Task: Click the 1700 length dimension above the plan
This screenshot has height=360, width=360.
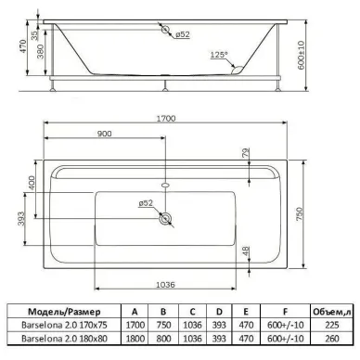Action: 166,119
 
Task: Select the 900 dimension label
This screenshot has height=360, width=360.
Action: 105,134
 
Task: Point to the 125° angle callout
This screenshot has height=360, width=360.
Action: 219,55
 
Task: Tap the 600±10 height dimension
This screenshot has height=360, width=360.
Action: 302,55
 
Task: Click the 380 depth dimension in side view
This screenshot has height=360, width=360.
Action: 41,51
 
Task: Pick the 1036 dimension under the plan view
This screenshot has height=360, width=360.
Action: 165,285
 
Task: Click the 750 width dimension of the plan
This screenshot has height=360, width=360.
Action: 300,214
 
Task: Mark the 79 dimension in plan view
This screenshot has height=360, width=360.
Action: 246,153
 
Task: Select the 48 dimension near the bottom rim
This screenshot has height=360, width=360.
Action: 246,251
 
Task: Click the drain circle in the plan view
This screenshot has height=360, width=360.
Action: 165,219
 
